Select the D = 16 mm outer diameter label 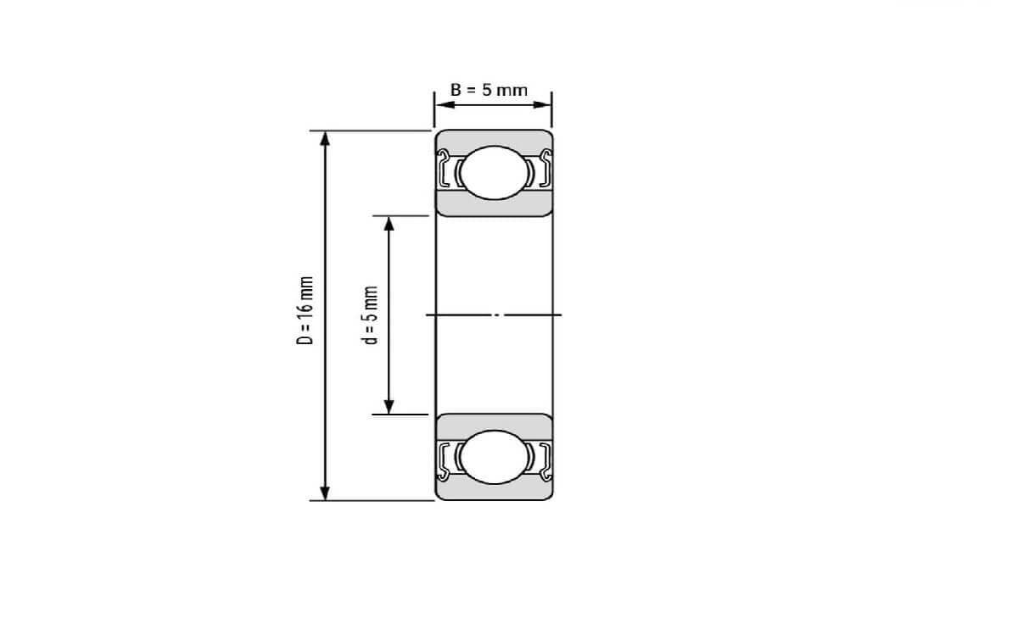click(306, 310)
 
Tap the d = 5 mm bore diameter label click(370, 314)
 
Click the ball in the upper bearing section click(493, 172)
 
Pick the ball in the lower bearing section click(493, 457)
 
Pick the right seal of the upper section click(545, 169)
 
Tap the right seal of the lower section click(545, 458)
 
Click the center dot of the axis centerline click(498, 314)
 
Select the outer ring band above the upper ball click(493, 138)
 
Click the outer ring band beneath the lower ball click(493, 491)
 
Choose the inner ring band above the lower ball click(493, 422)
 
